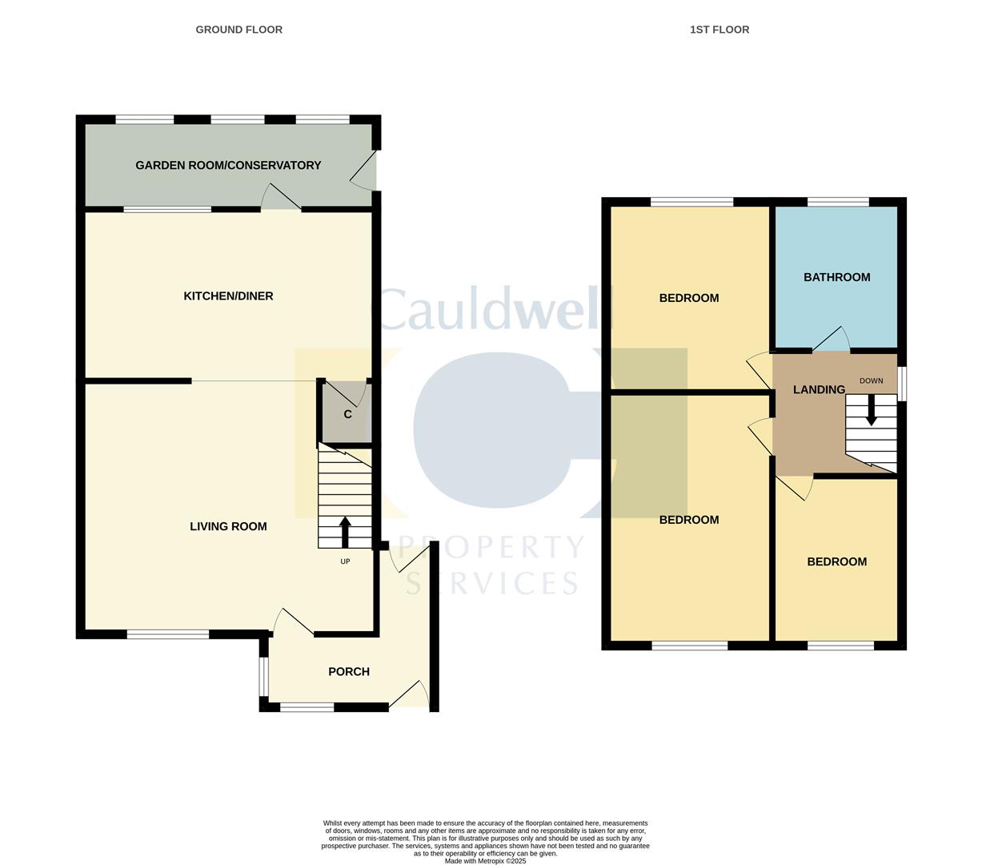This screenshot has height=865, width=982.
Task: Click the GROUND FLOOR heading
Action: click(x=238, y=30)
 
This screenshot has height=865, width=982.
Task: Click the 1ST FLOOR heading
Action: click(x=719, y=30)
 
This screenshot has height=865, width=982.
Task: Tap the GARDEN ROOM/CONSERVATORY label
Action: click(x=228, y=165)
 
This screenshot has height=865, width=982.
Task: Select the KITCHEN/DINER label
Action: click(x=228, y=296)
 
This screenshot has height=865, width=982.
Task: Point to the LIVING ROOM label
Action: click(x=228, y=526)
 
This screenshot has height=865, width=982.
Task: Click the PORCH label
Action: click(x=349, y=672)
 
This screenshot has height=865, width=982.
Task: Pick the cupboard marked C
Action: click(x=347, y=414)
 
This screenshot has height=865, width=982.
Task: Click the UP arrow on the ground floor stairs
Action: click(x=345, y=532)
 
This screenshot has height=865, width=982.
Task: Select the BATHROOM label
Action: click(x=836, y=277)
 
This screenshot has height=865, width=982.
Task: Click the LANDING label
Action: click(x=819, y=390)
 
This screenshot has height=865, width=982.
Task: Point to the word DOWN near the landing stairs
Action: click(x=871, y=380)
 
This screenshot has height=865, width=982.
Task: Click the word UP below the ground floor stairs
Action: click(x=345, y=561)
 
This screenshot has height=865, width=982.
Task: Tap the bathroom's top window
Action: click(x=838, y=202)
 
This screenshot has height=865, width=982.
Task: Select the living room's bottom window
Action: click(x=168, y=634)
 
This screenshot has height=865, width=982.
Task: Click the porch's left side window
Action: click(x=263, y=677)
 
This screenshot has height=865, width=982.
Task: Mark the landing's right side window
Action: click(x=901, y=384)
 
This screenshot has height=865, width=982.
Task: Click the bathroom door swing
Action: click(x=832, y=340)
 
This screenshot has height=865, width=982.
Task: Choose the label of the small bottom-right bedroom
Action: click(x=836, y=561)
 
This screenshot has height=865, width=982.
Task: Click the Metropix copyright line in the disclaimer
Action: click(x=485, y=861)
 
